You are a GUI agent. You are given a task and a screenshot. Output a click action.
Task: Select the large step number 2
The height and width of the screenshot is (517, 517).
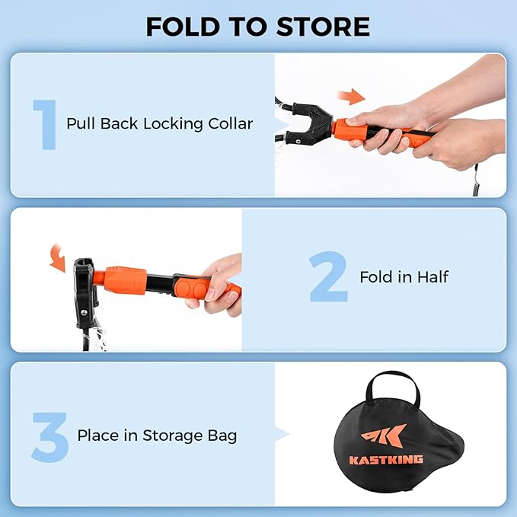click(328, 277)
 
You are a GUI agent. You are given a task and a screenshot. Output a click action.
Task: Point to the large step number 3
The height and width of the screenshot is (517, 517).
click(49, 436)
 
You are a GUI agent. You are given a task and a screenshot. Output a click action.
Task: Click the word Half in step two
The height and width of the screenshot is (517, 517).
click(433, 276)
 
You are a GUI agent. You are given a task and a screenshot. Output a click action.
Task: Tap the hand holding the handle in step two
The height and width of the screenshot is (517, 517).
click(220, 286)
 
